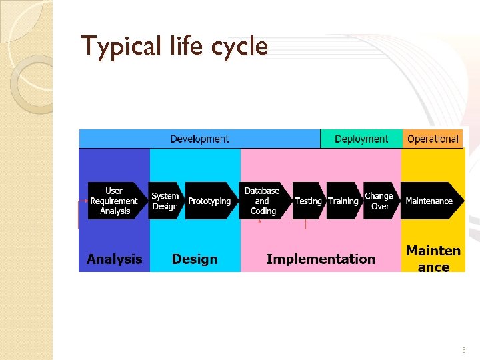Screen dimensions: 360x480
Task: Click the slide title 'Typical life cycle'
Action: [174, 46]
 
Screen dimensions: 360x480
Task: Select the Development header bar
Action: [199, 139]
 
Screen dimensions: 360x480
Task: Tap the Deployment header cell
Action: [361, 139]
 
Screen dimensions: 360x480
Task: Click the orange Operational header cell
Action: [433, 139]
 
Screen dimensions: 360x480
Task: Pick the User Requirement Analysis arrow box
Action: [115, 201]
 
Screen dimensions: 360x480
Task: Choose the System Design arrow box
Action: [165, 201]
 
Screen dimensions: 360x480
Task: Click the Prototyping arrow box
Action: [209, 201]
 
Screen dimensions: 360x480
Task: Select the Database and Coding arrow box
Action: [263, 201]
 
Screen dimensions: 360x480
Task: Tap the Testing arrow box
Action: [308, 201]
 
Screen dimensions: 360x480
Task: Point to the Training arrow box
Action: [343, 201]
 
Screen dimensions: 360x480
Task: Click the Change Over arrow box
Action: [380, 201]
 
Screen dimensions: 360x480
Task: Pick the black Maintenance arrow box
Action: [430, 201]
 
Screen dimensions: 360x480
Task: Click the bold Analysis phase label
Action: [114, 259]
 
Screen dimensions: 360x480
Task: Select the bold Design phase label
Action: [195, 259]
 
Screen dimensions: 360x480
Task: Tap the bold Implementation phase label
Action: [320, 259]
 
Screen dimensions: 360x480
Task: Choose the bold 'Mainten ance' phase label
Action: [433, 259]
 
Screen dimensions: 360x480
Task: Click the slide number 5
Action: [465, 350]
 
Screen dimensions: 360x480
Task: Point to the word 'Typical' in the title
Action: [113, 46]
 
